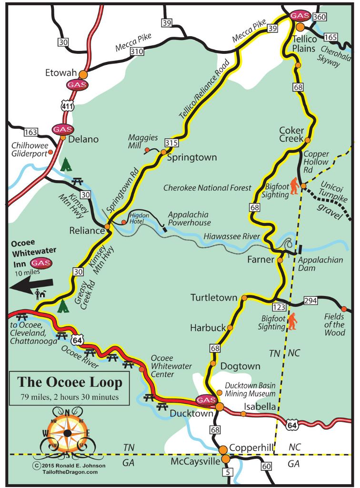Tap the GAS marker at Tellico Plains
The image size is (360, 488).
pyautogui.click(x=300, y=16)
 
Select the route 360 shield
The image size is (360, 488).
pyautogui.click(x=320, y=17)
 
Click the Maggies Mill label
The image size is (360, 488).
pyautogui.click(x=143, y=142)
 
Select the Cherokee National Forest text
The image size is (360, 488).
pyautogui.click(x=207, y=188)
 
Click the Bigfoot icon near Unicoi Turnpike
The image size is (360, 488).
pyautogui.click(x=296, y=187)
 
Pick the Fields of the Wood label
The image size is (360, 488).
pyautogui.click(x=334, y=324)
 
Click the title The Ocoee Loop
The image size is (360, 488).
pyautogui.click(x=70, y=382)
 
